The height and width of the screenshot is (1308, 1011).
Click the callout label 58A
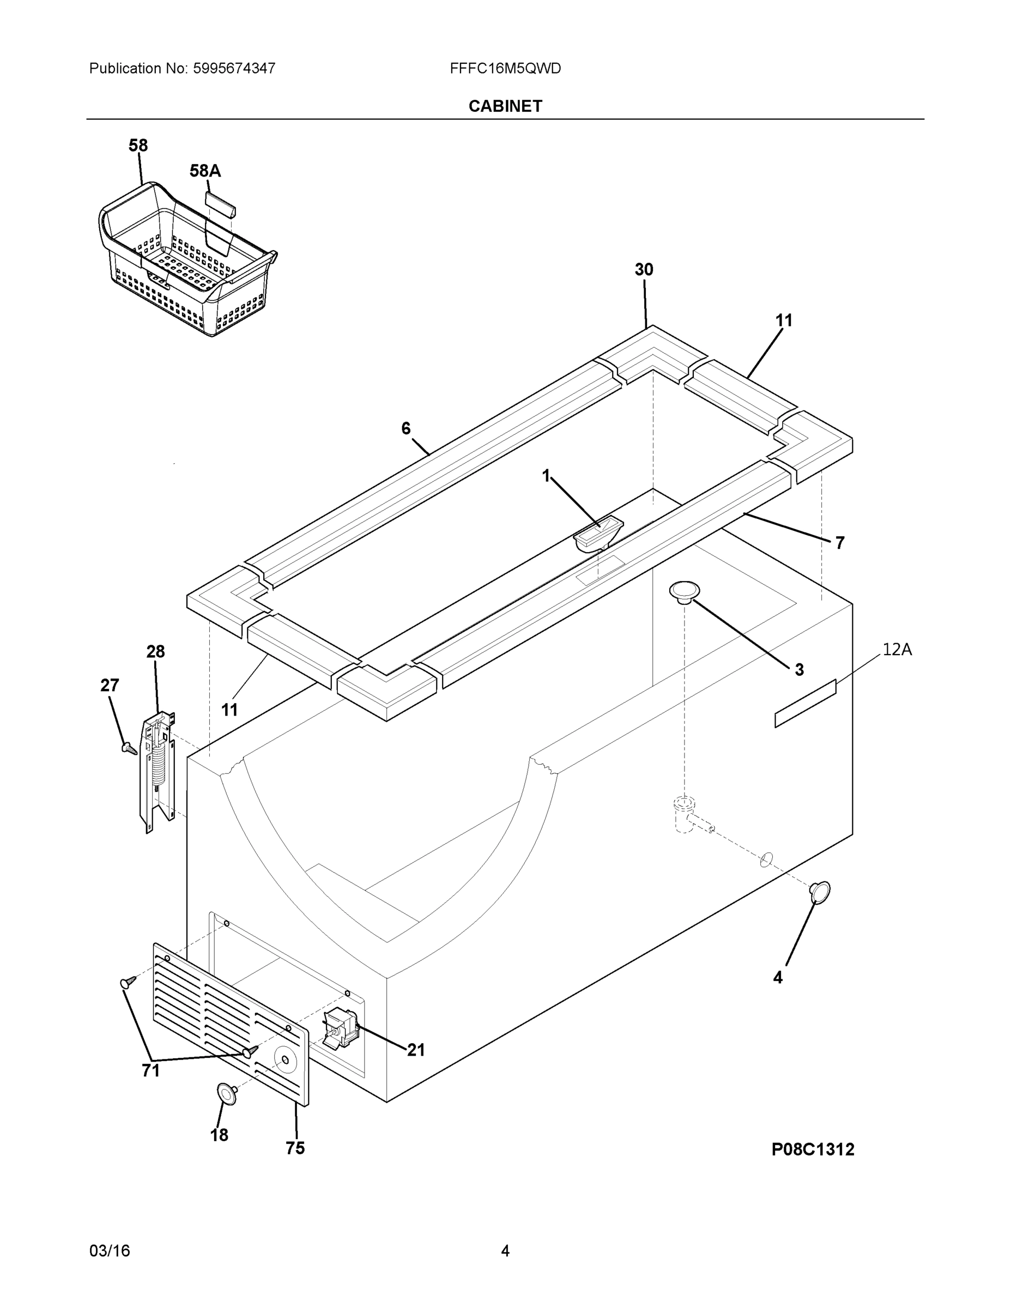(x=205, y=171)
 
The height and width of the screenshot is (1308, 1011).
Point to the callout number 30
(x=644, y=270)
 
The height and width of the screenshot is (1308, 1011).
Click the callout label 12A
(x=897, y=650)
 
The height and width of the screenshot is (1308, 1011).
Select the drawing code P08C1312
(x=812, y=1149)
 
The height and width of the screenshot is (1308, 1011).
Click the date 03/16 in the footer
(x=110, y=1251)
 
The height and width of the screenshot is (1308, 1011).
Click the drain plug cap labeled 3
(x=685, y=591)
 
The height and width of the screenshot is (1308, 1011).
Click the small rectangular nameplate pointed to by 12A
(x=805, y=704)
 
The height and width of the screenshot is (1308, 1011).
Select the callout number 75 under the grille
(x=295, y=1148)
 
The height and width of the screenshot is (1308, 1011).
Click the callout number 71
(x=151, y=1070)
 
